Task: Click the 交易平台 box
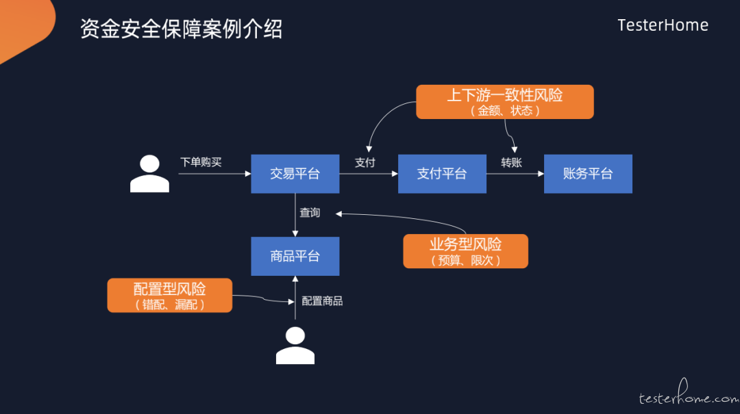[295, 174]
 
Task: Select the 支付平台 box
[442, 174]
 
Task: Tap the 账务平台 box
[588, 174]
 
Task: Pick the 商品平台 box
[295, 256]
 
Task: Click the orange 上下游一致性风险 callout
[505, 102]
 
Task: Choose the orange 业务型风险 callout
[466, 251]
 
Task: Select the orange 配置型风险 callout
[170, 295]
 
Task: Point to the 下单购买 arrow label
[201, 162]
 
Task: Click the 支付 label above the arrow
[365, 163]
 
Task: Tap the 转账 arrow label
[512, 163]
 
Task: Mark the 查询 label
[310, 213]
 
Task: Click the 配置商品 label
[322, 301]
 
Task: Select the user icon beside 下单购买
[149, 174]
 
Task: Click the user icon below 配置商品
[295, 346]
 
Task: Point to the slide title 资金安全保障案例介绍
[181, 29]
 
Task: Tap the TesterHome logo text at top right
[663, 25]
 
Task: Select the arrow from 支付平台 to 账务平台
[515, 174]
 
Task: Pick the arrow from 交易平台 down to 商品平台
[295, 215]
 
